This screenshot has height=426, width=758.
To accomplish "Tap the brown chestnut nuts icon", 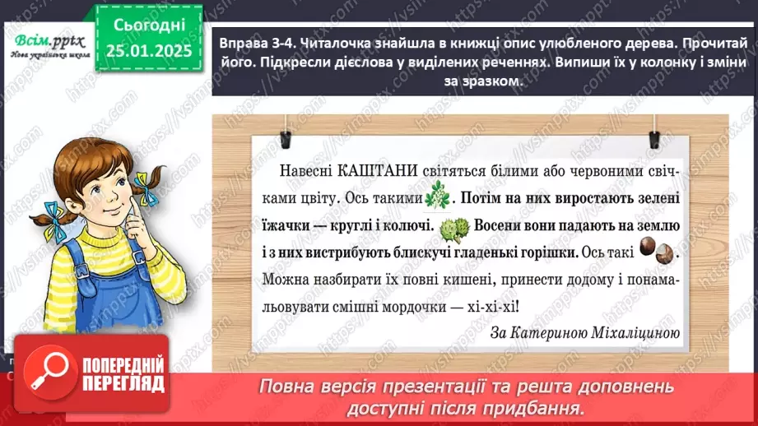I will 658,252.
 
